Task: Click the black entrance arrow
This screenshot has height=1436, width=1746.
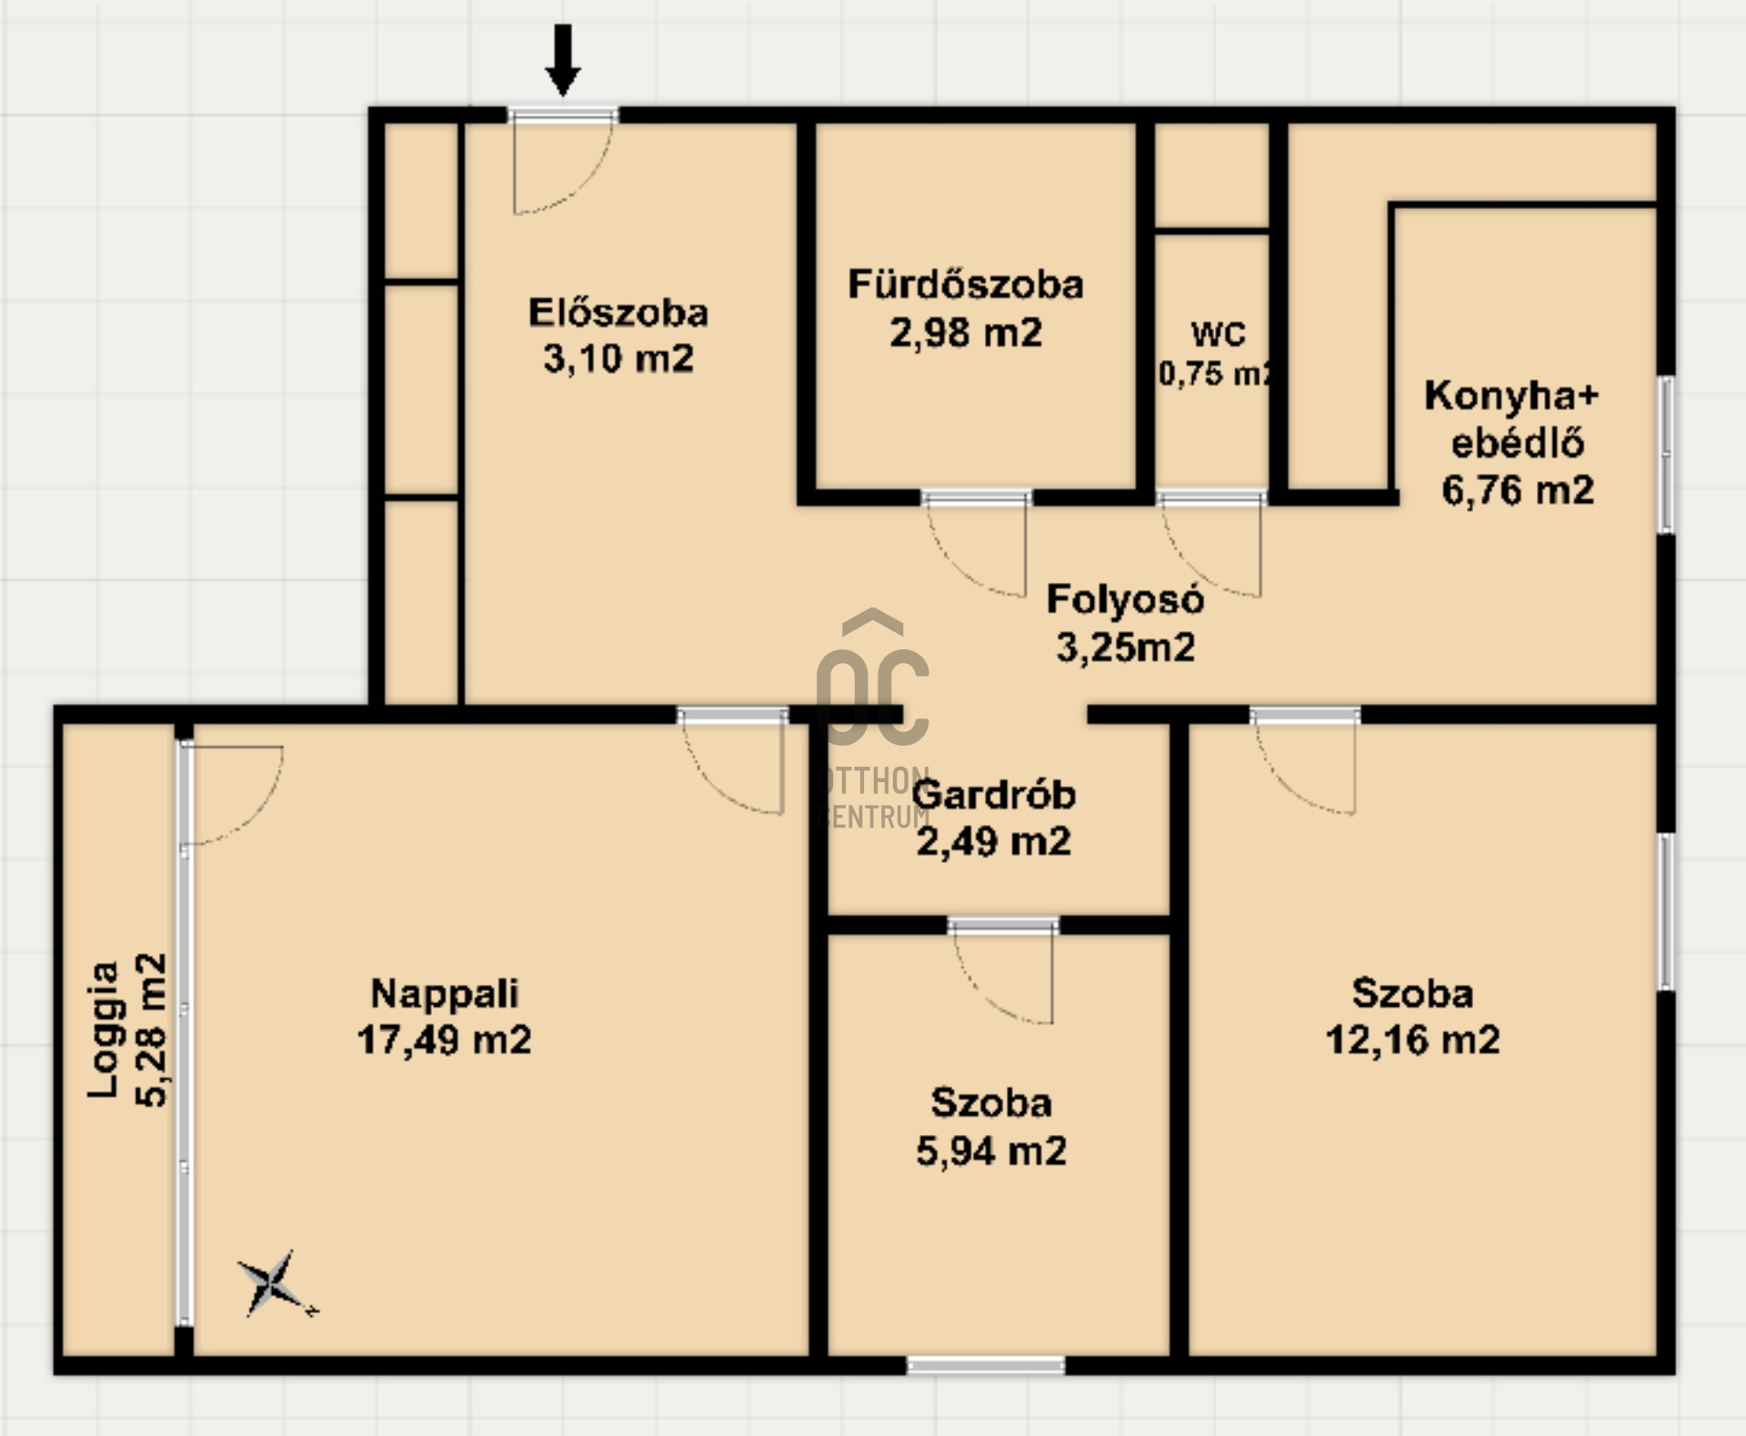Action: [563, 60]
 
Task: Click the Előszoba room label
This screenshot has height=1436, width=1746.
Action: [618, 313]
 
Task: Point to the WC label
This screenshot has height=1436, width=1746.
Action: [1218, 335]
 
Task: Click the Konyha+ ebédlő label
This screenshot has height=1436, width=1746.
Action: [1511, 419]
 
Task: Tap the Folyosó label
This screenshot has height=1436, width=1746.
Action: [1126, 599]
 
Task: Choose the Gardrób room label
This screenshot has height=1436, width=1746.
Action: [994, 795]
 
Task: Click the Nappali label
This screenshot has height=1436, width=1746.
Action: [445, 993]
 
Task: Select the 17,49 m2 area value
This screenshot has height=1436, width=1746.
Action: [444, 1039]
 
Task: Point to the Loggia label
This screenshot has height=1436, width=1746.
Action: [104, 1029]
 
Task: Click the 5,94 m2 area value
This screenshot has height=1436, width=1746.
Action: [991, 1151]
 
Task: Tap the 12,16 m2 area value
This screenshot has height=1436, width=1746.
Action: [1413, 1039]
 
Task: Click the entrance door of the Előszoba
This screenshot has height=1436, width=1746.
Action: [562, 162]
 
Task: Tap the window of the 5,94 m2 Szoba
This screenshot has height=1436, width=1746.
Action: [986, 1365]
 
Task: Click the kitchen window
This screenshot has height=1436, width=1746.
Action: [1666, 455]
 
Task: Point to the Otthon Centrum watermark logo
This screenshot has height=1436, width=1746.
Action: [873, 718]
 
